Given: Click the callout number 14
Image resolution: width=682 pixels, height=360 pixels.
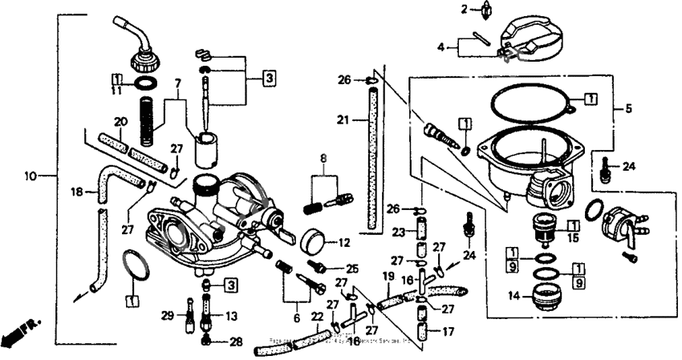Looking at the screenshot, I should [511, 295].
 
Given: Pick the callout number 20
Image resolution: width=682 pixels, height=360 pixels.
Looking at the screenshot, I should [121, 122].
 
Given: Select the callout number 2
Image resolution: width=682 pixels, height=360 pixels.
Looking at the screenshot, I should [464, 9].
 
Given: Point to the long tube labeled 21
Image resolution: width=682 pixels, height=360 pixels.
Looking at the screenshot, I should [371, 160].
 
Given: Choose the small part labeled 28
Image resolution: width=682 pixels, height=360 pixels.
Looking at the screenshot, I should [206, 341].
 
